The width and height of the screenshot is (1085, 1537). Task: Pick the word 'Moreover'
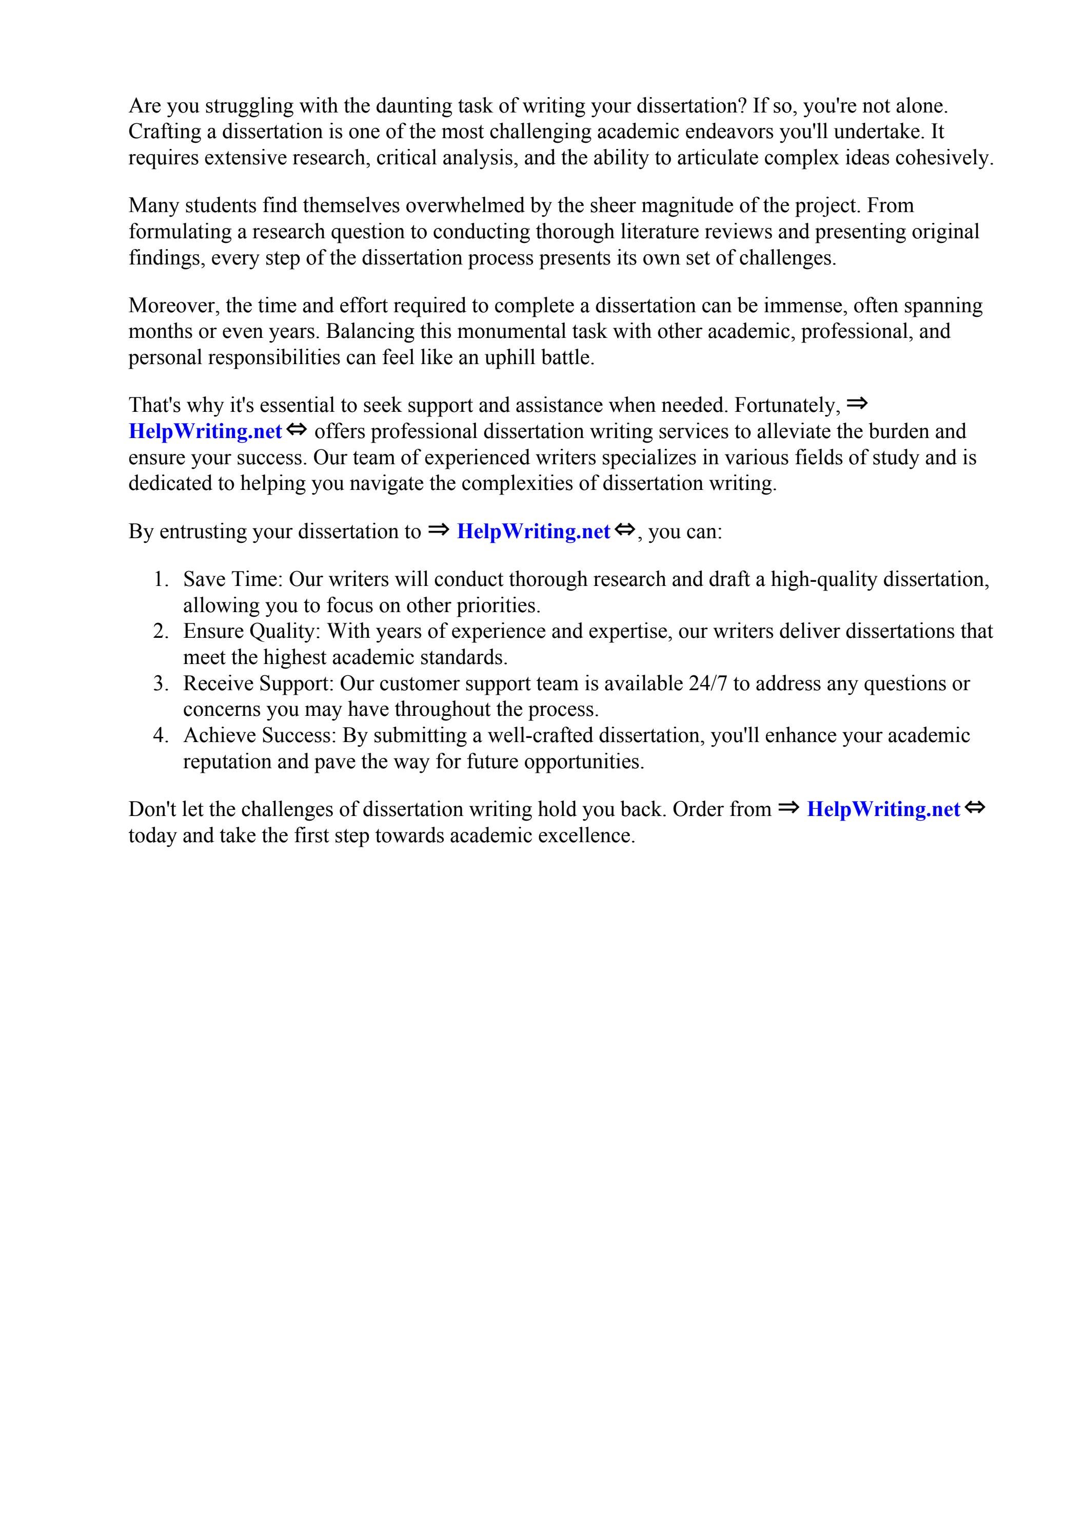[x=173, y=306]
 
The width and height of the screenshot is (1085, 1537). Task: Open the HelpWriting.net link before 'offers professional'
[x=205, y=432]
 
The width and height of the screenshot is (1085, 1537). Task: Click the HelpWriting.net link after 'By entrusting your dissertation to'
[x=533, y=532]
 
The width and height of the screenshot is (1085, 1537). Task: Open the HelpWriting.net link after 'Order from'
[x=883, y=809]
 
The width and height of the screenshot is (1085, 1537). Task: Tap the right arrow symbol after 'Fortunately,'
[x=857, y=404]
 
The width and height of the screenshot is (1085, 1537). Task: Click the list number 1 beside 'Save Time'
[x=160, y=579]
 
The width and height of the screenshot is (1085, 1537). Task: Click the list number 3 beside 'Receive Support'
[x=160, y=684]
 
